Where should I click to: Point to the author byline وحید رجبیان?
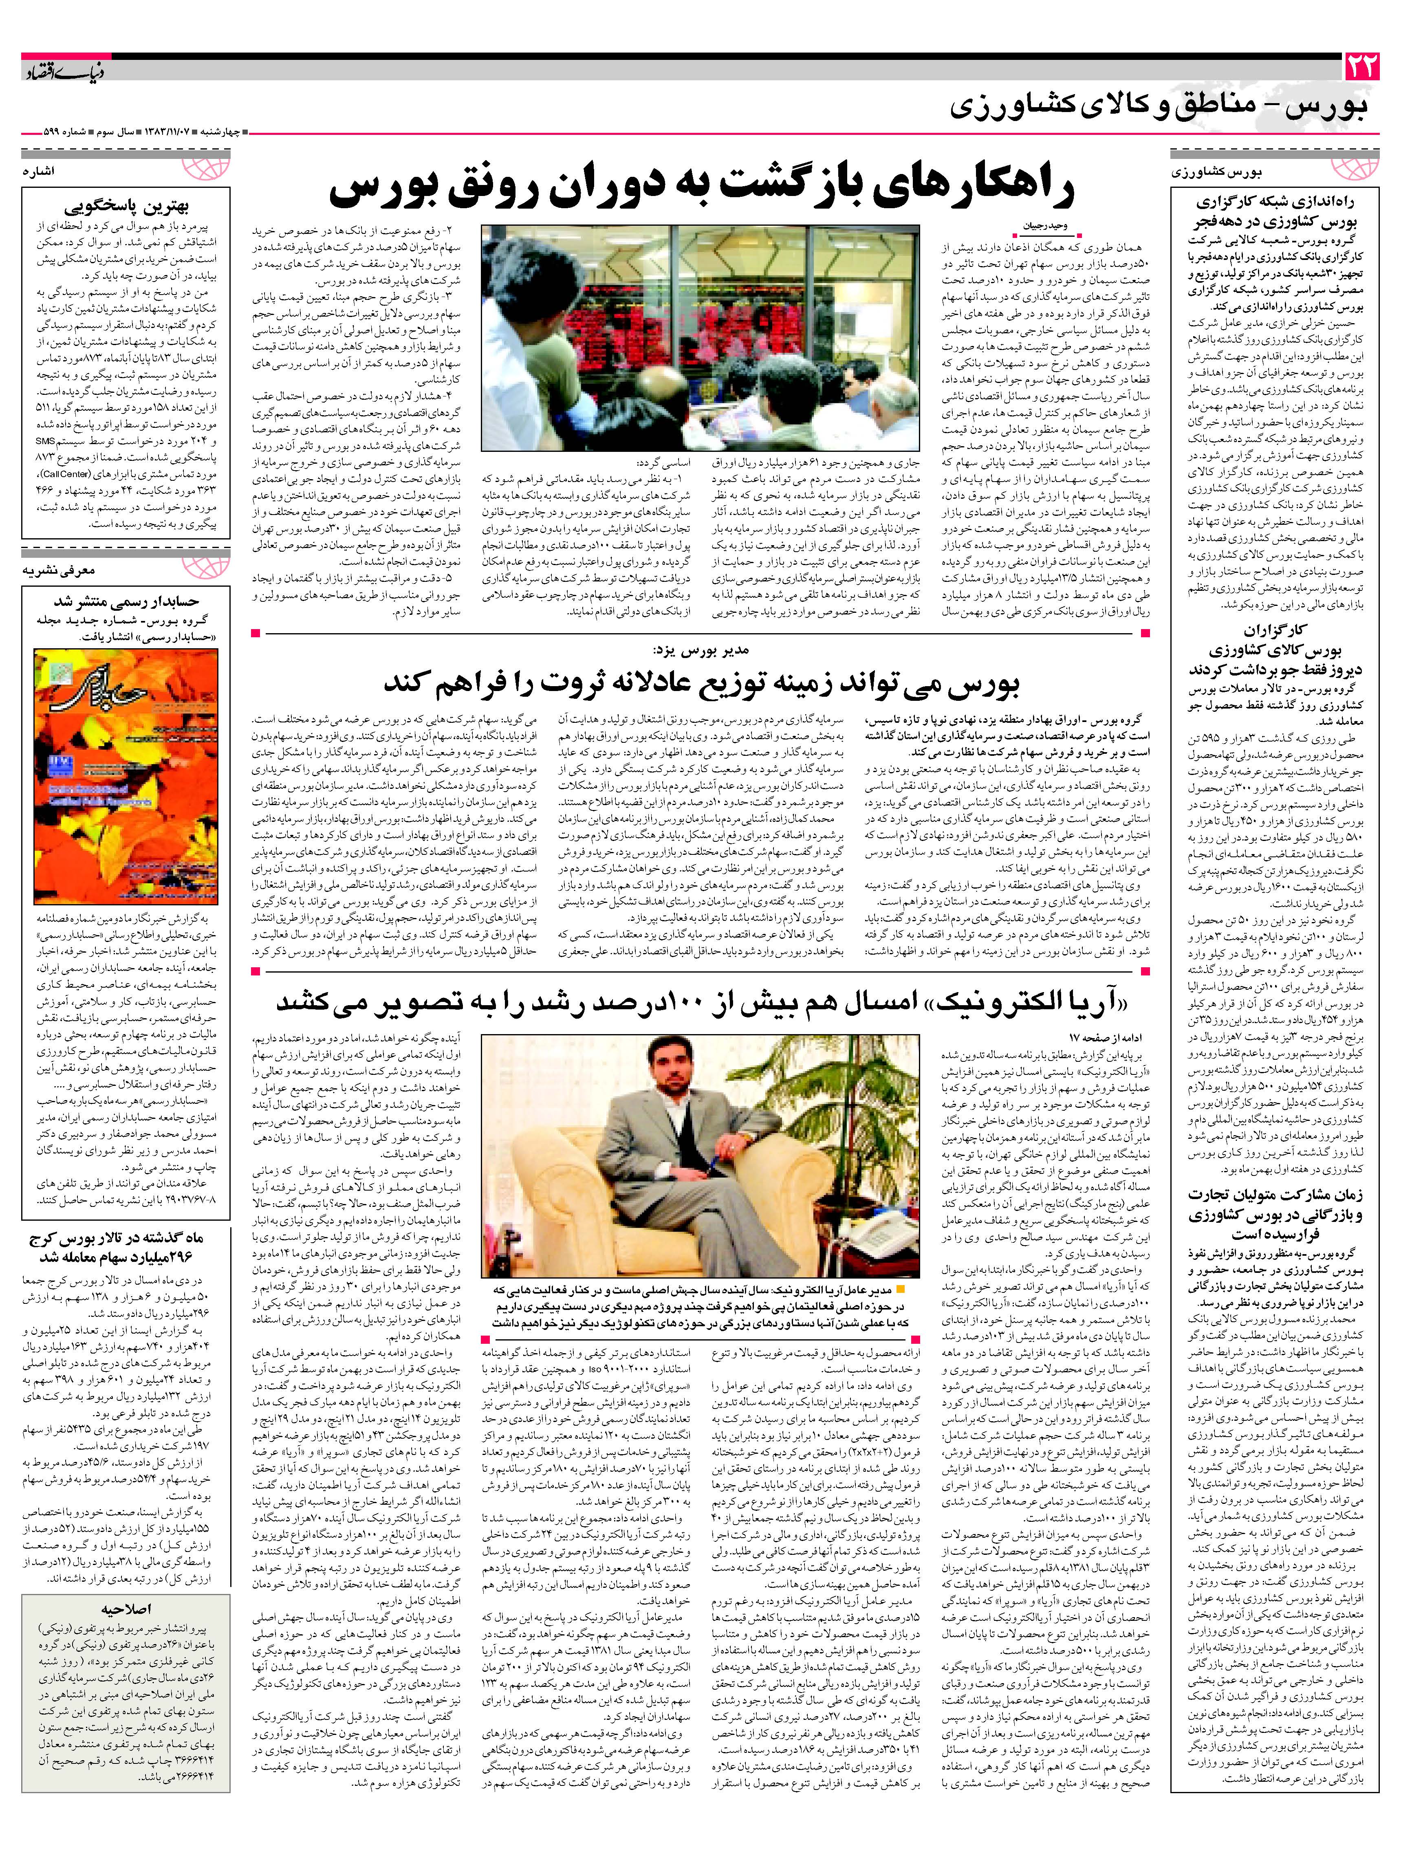(x=1045, y=225)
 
